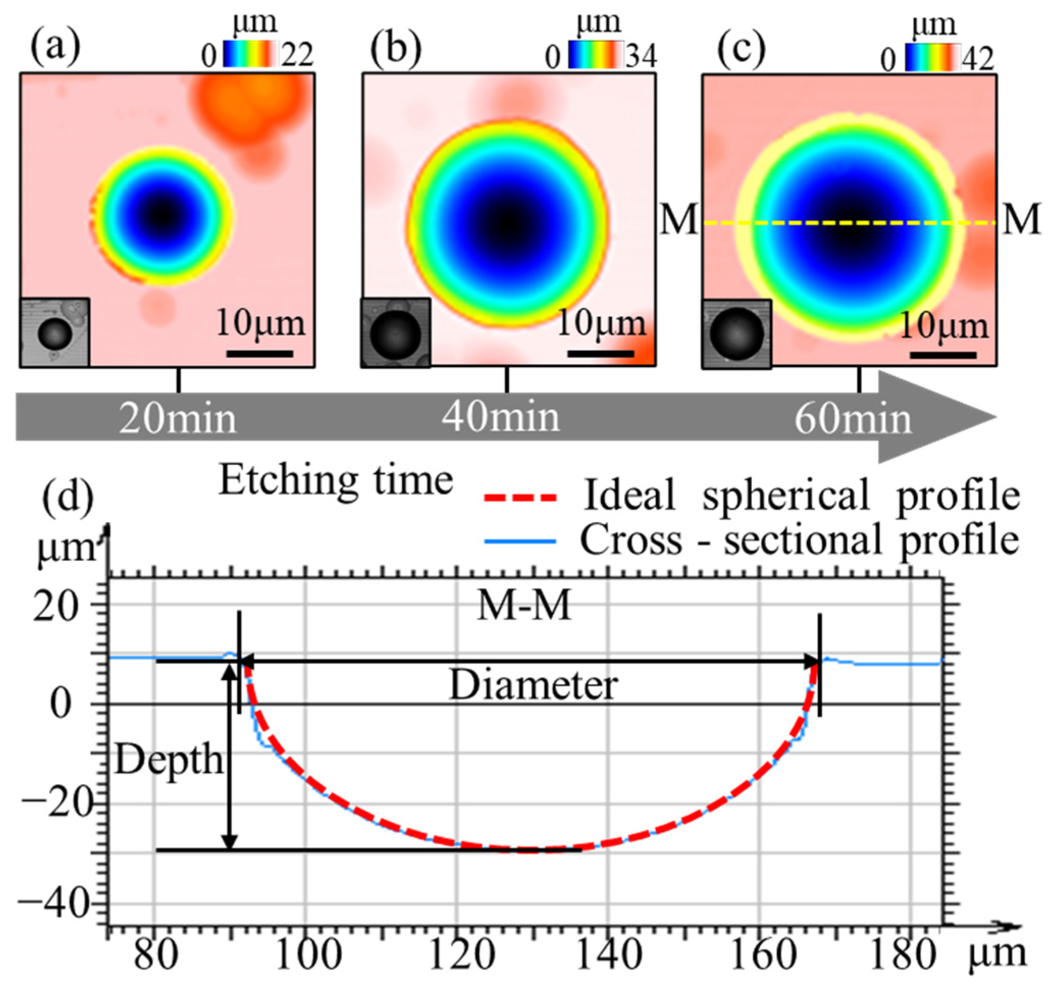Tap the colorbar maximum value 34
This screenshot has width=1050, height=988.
click(641, 56)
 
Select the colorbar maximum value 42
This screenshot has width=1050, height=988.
click(978, 58)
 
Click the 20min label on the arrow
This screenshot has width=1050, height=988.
click(177, 419)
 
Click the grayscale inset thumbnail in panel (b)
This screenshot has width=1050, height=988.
click(396, 333)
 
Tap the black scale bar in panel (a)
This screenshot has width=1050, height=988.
click(260, 353)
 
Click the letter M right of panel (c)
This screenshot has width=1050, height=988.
click(1021, 219)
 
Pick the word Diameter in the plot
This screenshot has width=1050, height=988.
click(534, 686)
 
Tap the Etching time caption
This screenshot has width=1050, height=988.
click(336, 481)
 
